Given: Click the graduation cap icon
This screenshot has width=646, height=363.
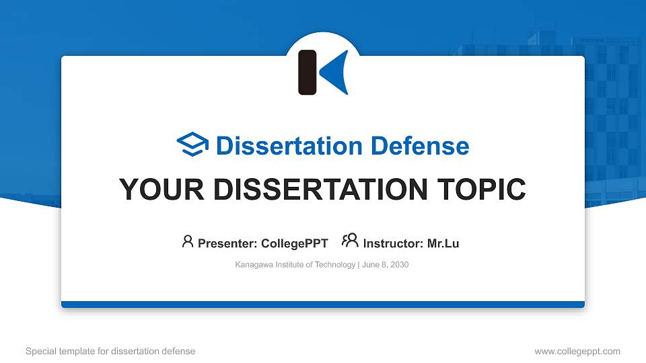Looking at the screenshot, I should click(192, 145).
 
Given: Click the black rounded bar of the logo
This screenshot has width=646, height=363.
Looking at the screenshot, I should click(308, 72).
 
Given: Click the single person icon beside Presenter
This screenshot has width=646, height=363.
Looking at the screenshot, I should click(188, 241).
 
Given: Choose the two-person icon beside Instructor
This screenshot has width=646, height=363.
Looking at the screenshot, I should click(350, 241).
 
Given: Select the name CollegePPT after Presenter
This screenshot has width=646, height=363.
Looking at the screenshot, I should click(295, 243).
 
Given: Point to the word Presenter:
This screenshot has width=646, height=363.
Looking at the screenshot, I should click(227, 243).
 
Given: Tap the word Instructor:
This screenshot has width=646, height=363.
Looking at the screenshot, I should click(393, 243).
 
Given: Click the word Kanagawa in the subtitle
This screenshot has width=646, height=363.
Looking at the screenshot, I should click(253, 265).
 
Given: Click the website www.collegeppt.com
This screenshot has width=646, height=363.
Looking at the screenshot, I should click(577, 351).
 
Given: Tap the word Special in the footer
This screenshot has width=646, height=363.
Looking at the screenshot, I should click(40, 351).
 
